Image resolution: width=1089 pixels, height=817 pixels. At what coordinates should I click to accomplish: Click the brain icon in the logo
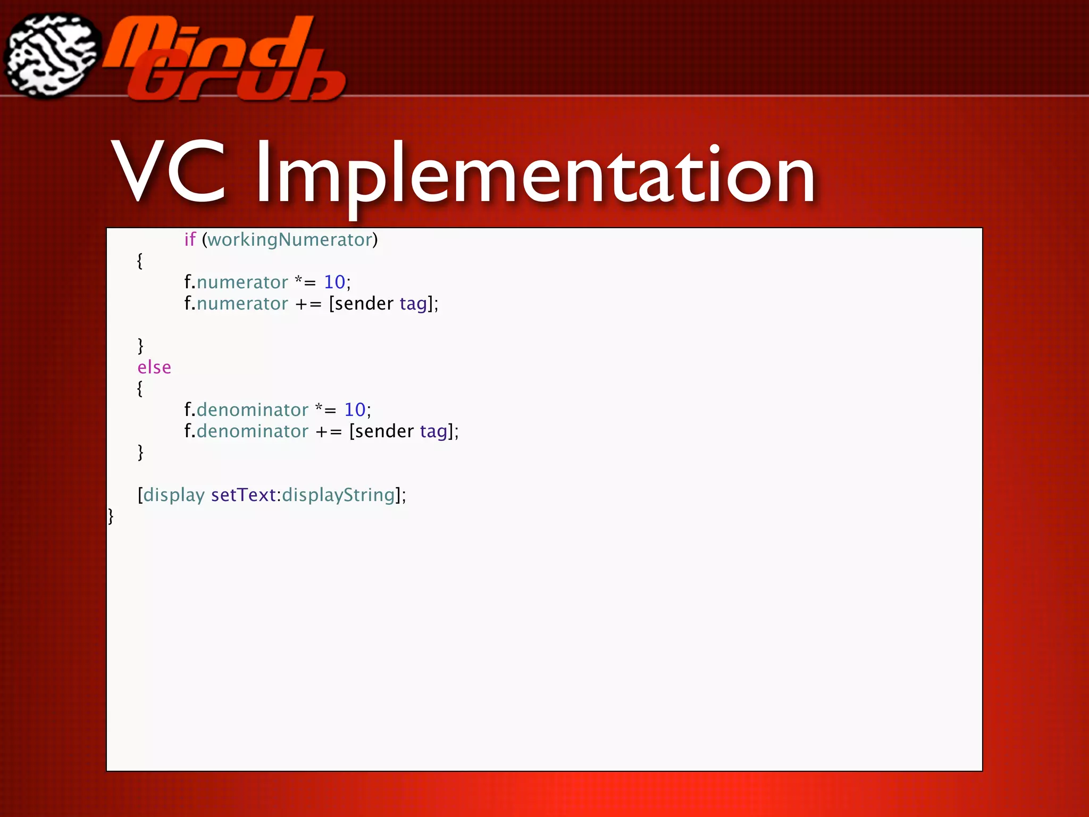tap(52, 56)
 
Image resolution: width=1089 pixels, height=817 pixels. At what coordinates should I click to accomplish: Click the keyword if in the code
tap(190, 240)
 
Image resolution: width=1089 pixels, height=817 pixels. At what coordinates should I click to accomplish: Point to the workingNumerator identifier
tap(290, 240)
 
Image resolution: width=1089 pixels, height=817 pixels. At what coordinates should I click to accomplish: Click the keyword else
tap(154, 368)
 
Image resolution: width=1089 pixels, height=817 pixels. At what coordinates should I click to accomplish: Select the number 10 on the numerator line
tap(334, 282)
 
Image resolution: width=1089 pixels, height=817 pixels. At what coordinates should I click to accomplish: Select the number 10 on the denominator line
tap(355, 410)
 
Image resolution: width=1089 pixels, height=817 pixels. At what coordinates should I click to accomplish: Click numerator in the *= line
tap(242, 282)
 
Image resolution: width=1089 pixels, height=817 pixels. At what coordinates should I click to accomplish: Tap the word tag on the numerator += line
tap(413, 304)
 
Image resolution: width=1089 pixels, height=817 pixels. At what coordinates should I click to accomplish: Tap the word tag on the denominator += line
tap(433, 431)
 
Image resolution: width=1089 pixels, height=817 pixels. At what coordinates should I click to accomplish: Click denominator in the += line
tap(252, 431)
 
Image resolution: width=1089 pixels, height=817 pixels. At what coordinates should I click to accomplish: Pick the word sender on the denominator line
tap(384, 431)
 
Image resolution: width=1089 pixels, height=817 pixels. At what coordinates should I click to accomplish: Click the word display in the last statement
tap(174, 495)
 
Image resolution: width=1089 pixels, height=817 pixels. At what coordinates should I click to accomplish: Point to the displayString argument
tap(338, 495)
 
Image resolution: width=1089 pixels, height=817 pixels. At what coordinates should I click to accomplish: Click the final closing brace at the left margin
tap(111, 516)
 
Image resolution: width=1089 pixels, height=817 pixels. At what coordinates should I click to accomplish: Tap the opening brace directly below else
tap(140, 388)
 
